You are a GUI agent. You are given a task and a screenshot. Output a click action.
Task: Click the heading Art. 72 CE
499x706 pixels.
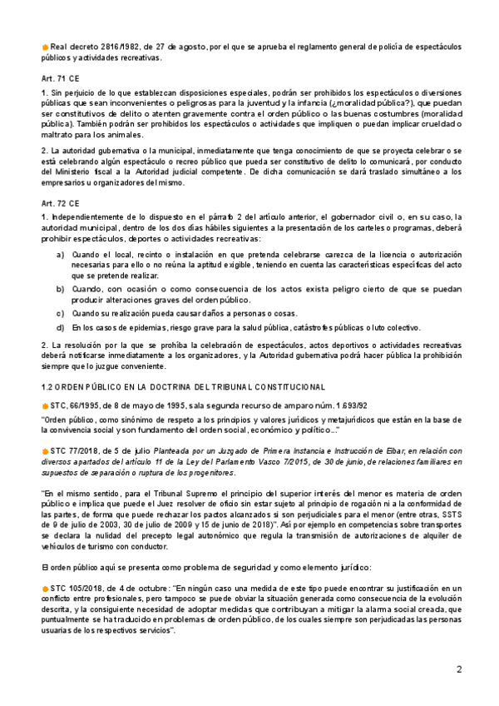[57, 201]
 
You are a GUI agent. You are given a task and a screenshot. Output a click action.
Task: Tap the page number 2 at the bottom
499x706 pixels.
[458, 670]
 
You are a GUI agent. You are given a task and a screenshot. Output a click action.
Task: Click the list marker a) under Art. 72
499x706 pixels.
[60, 253]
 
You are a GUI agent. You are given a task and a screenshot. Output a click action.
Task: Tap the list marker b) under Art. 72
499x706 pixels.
[60, 288]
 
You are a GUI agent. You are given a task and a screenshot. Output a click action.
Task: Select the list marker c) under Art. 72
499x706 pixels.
[60, 313]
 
